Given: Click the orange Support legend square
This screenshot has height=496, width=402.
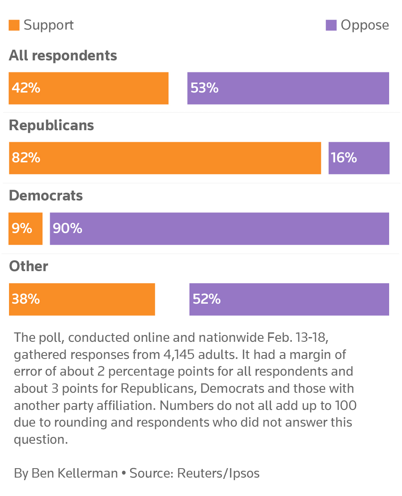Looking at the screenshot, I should tap(14, 25).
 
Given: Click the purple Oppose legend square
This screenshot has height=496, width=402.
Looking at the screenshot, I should tap(331, 25).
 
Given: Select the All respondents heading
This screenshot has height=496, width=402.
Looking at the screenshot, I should tap(63, 56).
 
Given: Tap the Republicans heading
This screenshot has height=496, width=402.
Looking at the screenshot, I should tap(51, 125).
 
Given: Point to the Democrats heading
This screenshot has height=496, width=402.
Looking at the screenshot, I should tap(46, 196).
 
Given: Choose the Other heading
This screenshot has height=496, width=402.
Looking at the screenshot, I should tap(29, 266).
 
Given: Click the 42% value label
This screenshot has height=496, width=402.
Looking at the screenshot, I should tap(26, 88).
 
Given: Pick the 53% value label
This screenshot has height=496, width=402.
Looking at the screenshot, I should tap(204, 88).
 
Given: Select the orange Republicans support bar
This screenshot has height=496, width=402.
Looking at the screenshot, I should tap(165, 158).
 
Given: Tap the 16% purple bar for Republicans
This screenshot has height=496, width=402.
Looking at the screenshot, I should tap(359, 158).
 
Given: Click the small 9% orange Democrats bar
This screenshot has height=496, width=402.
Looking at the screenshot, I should tap(25, 229).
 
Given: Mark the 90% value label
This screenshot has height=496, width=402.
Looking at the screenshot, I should tap(67, 229).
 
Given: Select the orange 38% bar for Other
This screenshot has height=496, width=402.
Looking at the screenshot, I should tap(81, 299).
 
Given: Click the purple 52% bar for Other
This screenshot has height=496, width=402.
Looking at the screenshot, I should tap(289, 299).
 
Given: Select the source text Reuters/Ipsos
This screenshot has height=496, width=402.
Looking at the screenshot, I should tap(218, 473).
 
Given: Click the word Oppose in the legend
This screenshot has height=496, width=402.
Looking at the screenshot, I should tap(365, 25).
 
